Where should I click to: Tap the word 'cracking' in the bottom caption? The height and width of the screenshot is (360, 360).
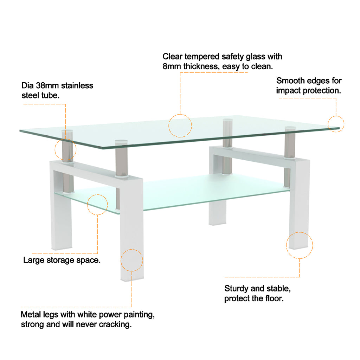[116, 324]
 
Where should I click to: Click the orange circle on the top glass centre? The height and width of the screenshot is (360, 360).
[180, 126]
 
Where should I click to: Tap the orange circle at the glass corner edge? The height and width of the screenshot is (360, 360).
[336, 124]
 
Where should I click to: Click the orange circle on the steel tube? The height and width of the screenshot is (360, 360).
[65, 150]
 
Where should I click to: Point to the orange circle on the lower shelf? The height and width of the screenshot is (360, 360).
[97, 204]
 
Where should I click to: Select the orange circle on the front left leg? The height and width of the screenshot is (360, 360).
[132, 260]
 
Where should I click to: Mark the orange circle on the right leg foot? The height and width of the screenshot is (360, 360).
[299, 245]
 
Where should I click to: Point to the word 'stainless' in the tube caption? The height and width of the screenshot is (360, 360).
[77, 85]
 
